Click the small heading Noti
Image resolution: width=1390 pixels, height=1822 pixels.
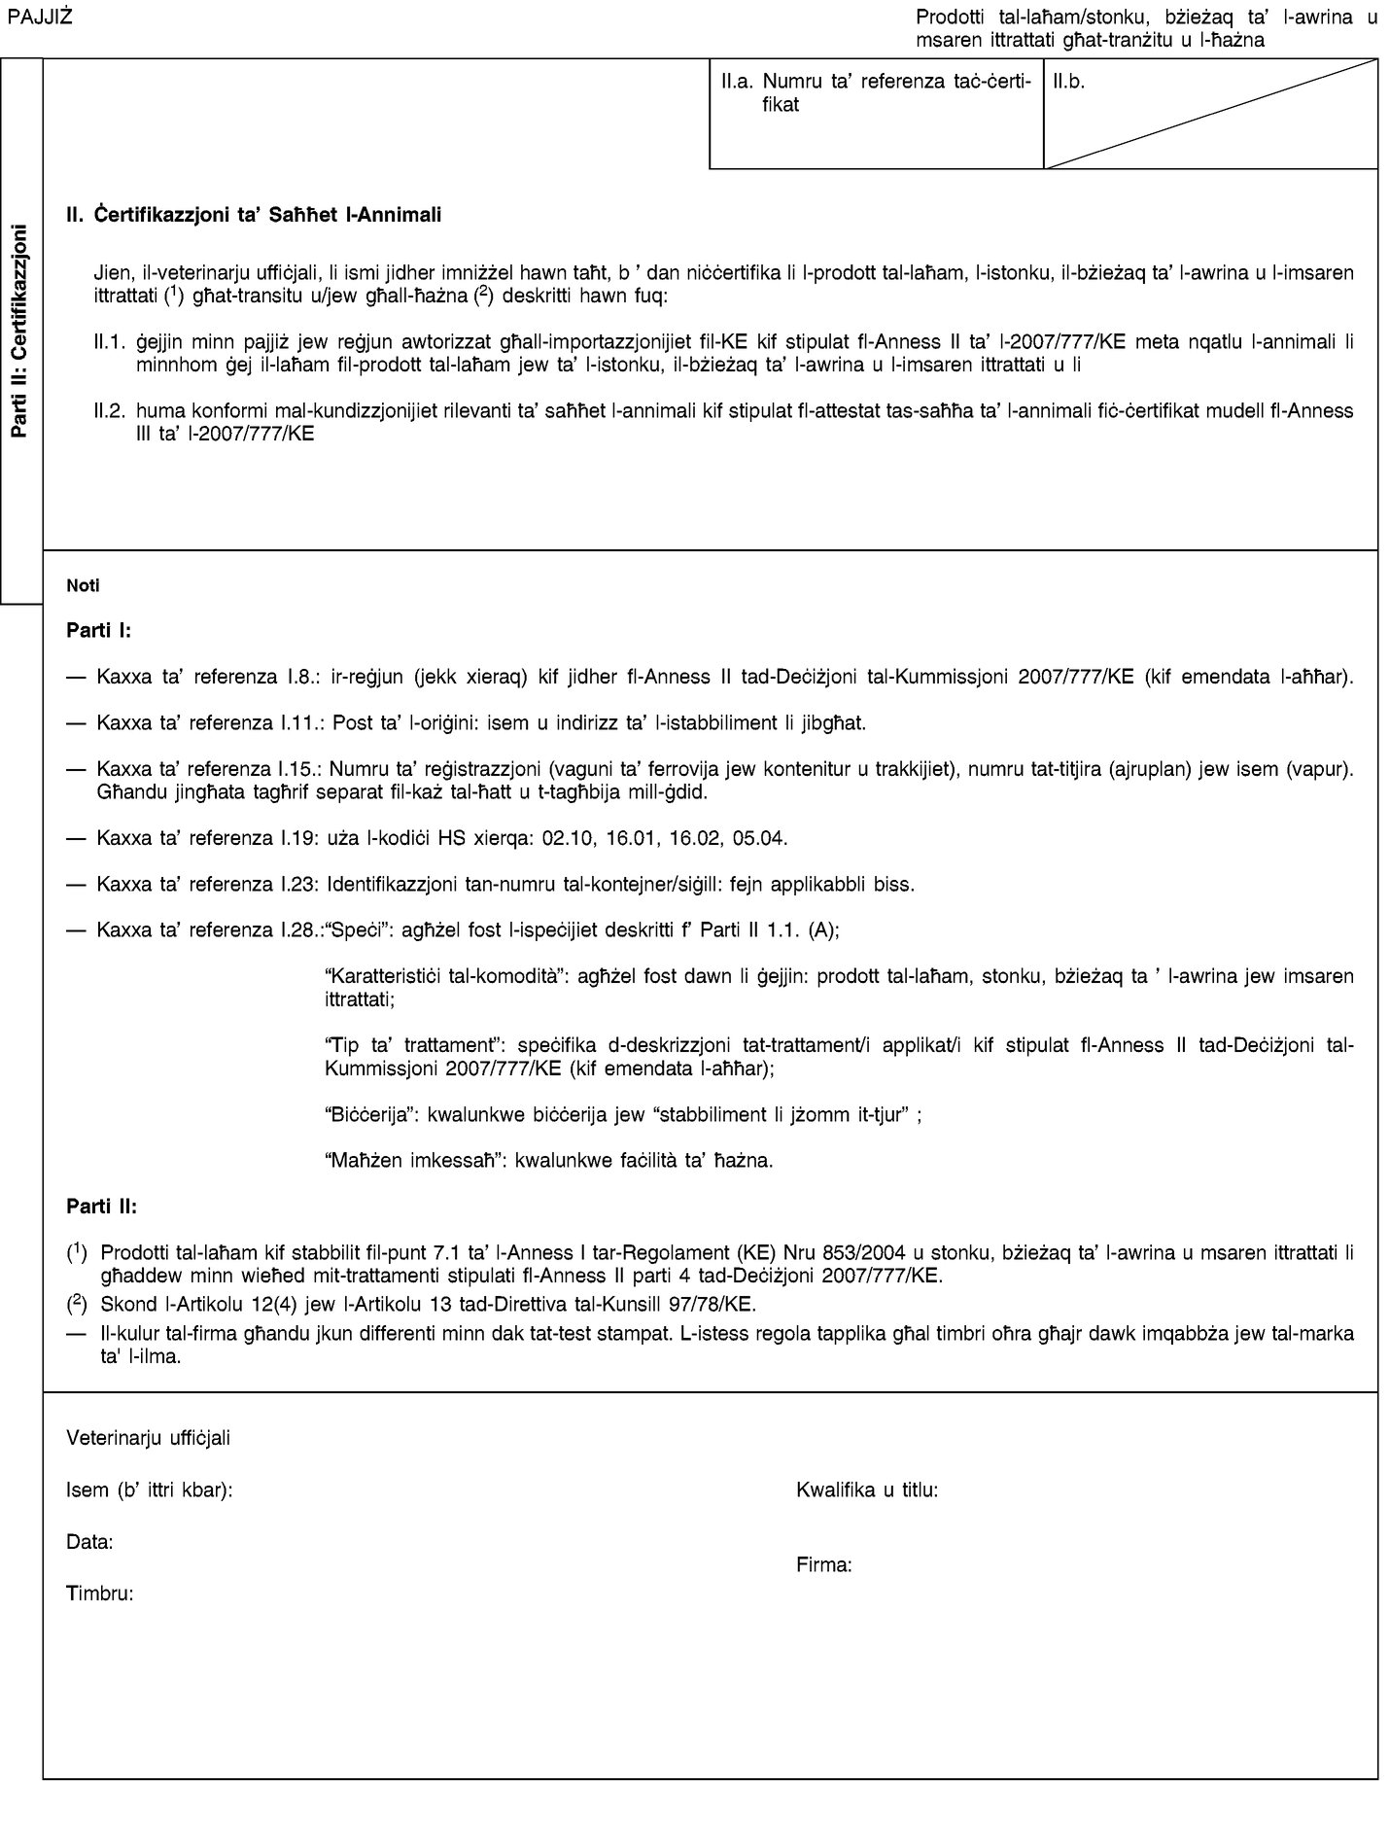pyautogui.click(x=81, y=587)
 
